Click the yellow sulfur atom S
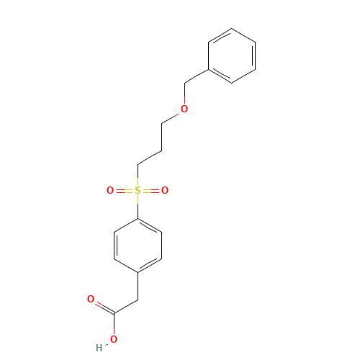[138, 191]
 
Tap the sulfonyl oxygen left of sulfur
[110, 191]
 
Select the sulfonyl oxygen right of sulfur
[165, 191]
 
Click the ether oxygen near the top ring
[184, 109]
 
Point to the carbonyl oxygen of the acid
[91, 299]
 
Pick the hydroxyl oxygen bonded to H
[114, 339]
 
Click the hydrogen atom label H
[99, 348]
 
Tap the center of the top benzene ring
[232, 56]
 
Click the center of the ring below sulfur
[138, 245]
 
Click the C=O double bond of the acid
[102, 305]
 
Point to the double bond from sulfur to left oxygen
[124, 191]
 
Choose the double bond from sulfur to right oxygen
[151, 191]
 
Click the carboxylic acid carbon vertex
[114, 312]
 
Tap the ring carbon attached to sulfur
[138, 217]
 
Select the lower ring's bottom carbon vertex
[138, 272]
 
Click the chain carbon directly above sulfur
[138, 164]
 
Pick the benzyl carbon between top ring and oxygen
[186, 84]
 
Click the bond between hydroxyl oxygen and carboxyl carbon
[114, 324]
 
